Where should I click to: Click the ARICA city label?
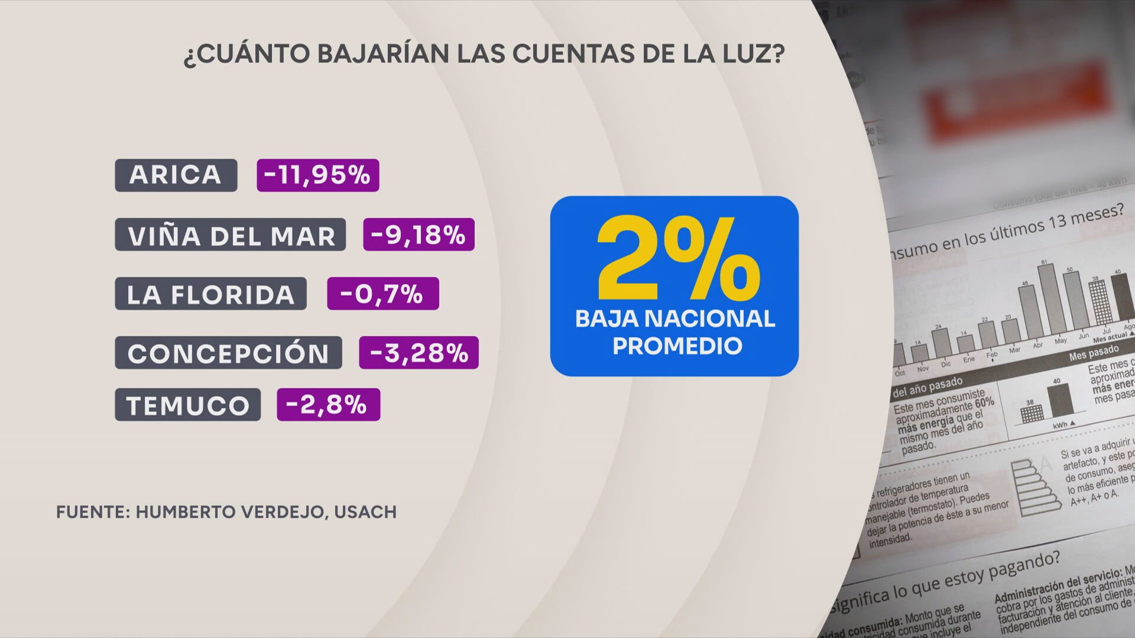[176, 175]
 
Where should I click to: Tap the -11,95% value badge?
[317, 175]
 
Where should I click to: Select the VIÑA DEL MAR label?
[230, 235]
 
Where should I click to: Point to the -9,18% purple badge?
[419, 235]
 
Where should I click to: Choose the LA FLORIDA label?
[210, 294]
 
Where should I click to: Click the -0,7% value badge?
[382, 294]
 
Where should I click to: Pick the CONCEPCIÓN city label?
[228, 353]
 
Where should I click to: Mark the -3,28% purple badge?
[419, 353]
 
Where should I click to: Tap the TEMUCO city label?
[187, 405]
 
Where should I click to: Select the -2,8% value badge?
[328, 405]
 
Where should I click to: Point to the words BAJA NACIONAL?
[674, 319]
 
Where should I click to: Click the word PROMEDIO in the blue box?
[677, 346]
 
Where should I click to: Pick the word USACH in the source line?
[365, 512]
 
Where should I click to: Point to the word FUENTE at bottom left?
[89, 512]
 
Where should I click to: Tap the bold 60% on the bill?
[985, 403]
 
